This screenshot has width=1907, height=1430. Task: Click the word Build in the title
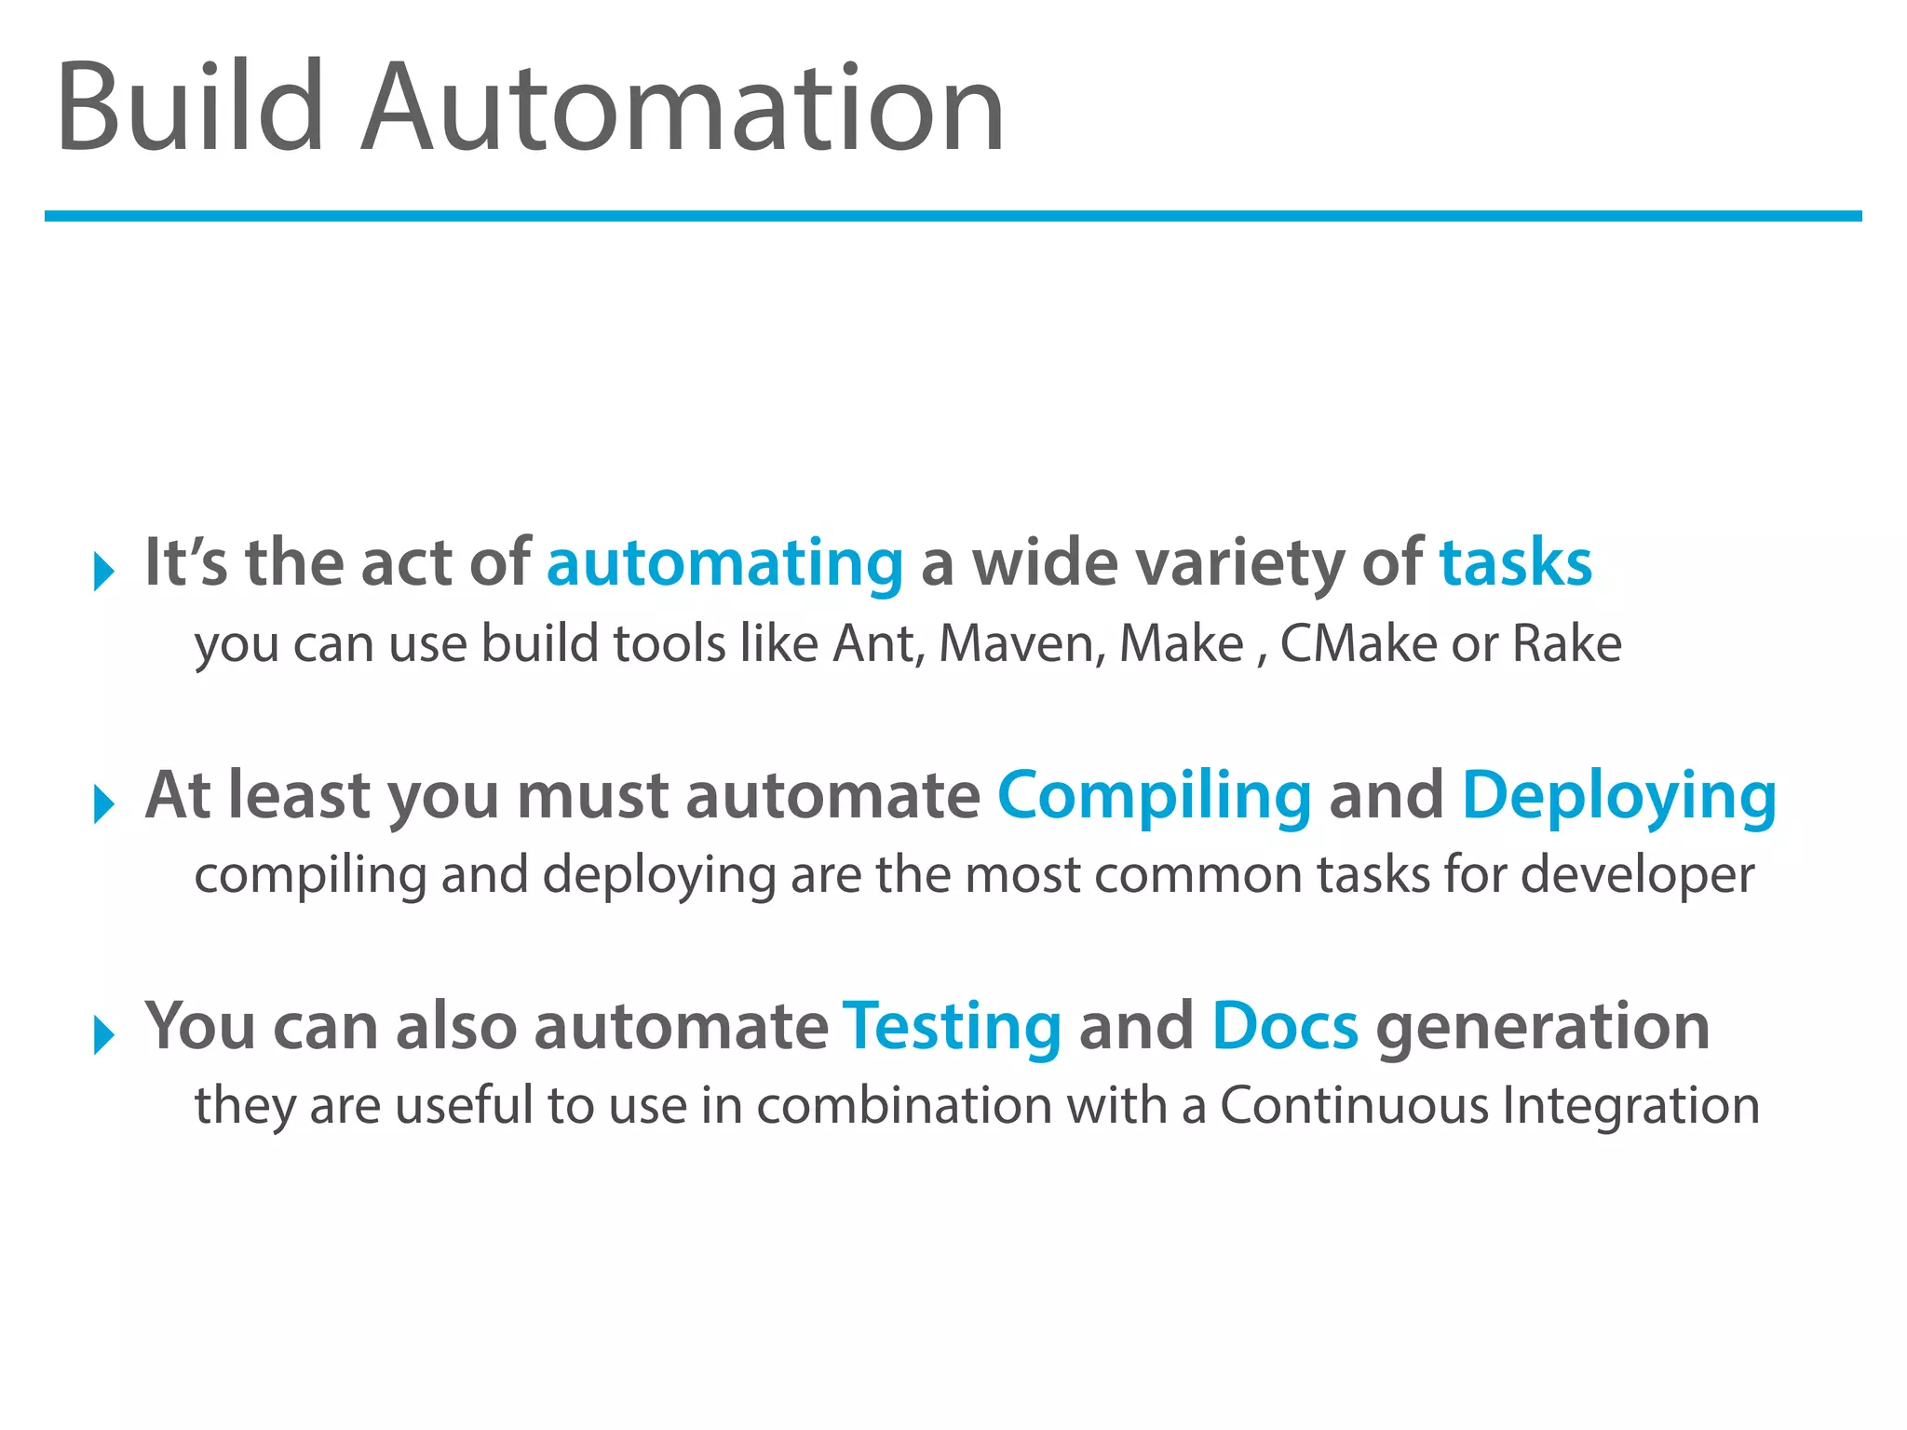(190, 106)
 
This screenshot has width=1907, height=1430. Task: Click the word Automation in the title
(683, 108)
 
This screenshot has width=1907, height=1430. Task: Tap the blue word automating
(724, 564)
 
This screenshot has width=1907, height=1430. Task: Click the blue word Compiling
(1154, 796)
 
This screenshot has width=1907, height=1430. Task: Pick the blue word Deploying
(1618, 796)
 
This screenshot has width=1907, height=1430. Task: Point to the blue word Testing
(952, 1027)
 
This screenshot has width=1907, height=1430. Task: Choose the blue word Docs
(1284, 1027)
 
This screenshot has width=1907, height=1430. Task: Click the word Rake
(1566, 643)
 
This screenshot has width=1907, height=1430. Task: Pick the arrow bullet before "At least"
(103, 803)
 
